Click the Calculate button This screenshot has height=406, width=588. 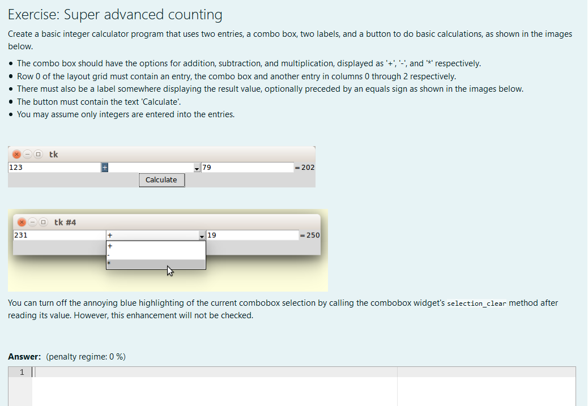click(161, 180)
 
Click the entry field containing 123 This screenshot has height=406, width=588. click(54, 168)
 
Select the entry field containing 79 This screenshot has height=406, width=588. click(247, 168)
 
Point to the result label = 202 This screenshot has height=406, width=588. click(305, 168)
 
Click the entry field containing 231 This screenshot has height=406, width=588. click(59, 235)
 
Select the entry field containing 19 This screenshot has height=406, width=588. click(252, 235)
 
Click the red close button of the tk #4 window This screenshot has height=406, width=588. click(22, 222)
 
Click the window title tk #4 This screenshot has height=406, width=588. click(65, 222)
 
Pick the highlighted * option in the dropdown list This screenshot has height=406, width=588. click(156, 264)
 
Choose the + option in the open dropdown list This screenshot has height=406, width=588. click(156, 246)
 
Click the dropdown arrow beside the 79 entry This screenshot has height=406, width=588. click(197, 168)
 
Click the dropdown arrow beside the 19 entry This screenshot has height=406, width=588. click(202, 236)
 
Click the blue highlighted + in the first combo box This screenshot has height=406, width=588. click(105, 168)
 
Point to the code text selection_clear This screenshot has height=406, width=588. click(476, 304)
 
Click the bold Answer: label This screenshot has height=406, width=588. click(24, 357)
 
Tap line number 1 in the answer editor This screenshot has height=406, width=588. click(22, 372)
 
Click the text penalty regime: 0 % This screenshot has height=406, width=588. click(86, 357)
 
